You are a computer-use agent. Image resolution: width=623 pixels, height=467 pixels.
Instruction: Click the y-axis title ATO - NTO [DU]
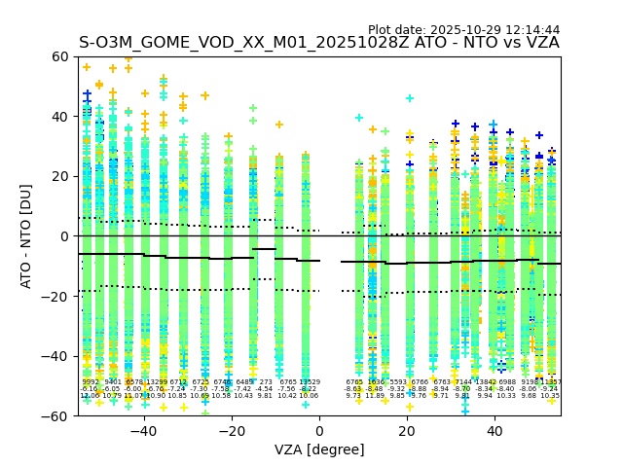pos(27,236)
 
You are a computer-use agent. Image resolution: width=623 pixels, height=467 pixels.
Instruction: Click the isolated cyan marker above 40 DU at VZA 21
pos(410,98)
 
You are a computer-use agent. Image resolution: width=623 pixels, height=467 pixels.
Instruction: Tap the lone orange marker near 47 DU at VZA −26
pos(205,95)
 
